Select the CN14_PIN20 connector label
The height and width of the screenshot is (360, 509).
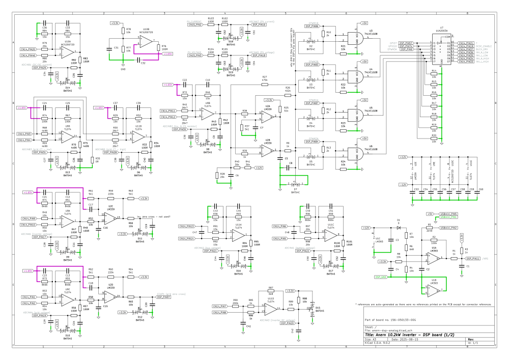click(28, 49)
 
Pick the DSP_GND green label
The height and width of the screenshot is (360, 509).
click(381, 277)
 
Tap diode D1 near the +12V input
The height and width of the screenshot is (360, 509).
click(399, 228)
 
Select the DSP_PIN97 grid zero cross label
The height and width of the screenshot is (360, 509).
click(163, 296)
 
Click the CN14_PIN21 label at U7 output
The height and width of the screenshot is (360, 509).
click(466, 43)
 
